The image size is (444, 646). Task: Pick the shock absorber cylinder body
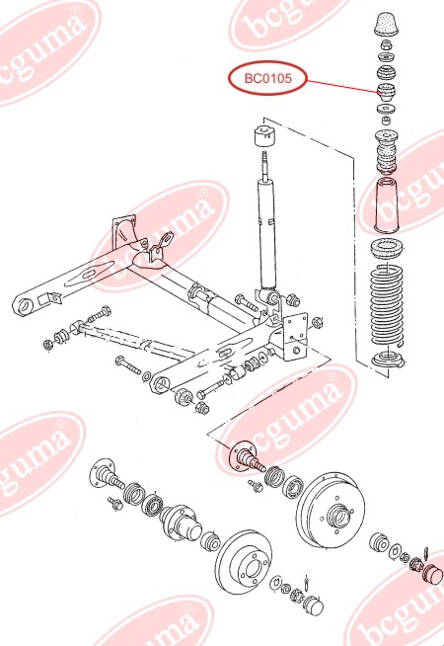point(265,232)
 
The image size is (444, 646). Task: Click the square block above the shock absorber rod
point(264,135)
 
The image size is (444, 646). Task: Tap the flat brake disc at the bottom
point(246,562)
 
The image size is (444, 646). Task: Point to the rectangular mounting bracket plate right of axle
point(295,336)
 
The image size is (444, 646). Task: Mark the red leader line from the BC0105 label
point(340,87)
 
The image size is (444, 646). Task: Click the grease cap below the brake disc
point(313,605)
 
